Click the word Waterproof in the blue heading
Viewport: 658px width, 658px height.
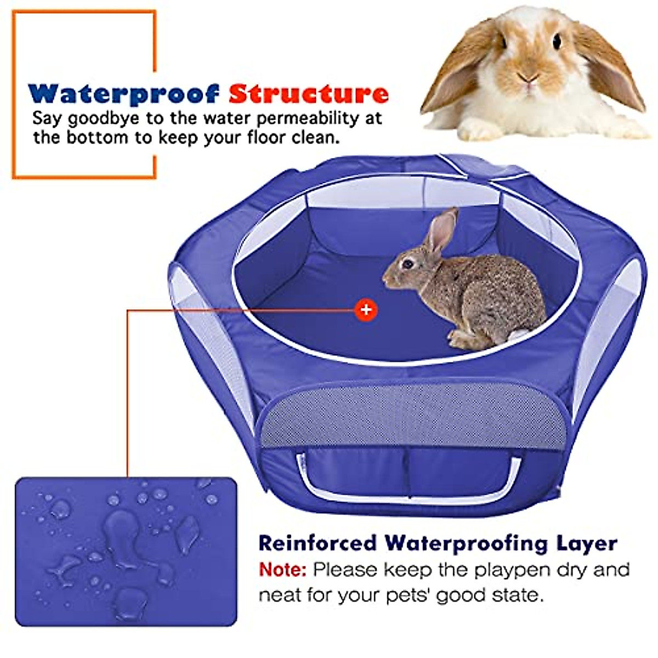[x=123, y=94]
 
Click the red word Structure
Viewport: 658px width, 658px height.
[x=309, y=94]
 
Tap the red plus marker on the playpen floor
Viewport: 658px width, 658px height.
[x=366, y=310]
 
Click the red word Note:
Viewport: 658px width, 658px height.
[x=282, y=570]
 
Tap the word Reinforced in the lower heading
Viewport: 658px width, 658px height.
[x=317, y=543]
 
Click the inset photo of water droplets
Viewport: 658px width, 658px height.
[x=126, y=552]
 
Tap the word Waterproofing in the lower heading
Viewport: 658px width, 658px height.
[x=466, y=543]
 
